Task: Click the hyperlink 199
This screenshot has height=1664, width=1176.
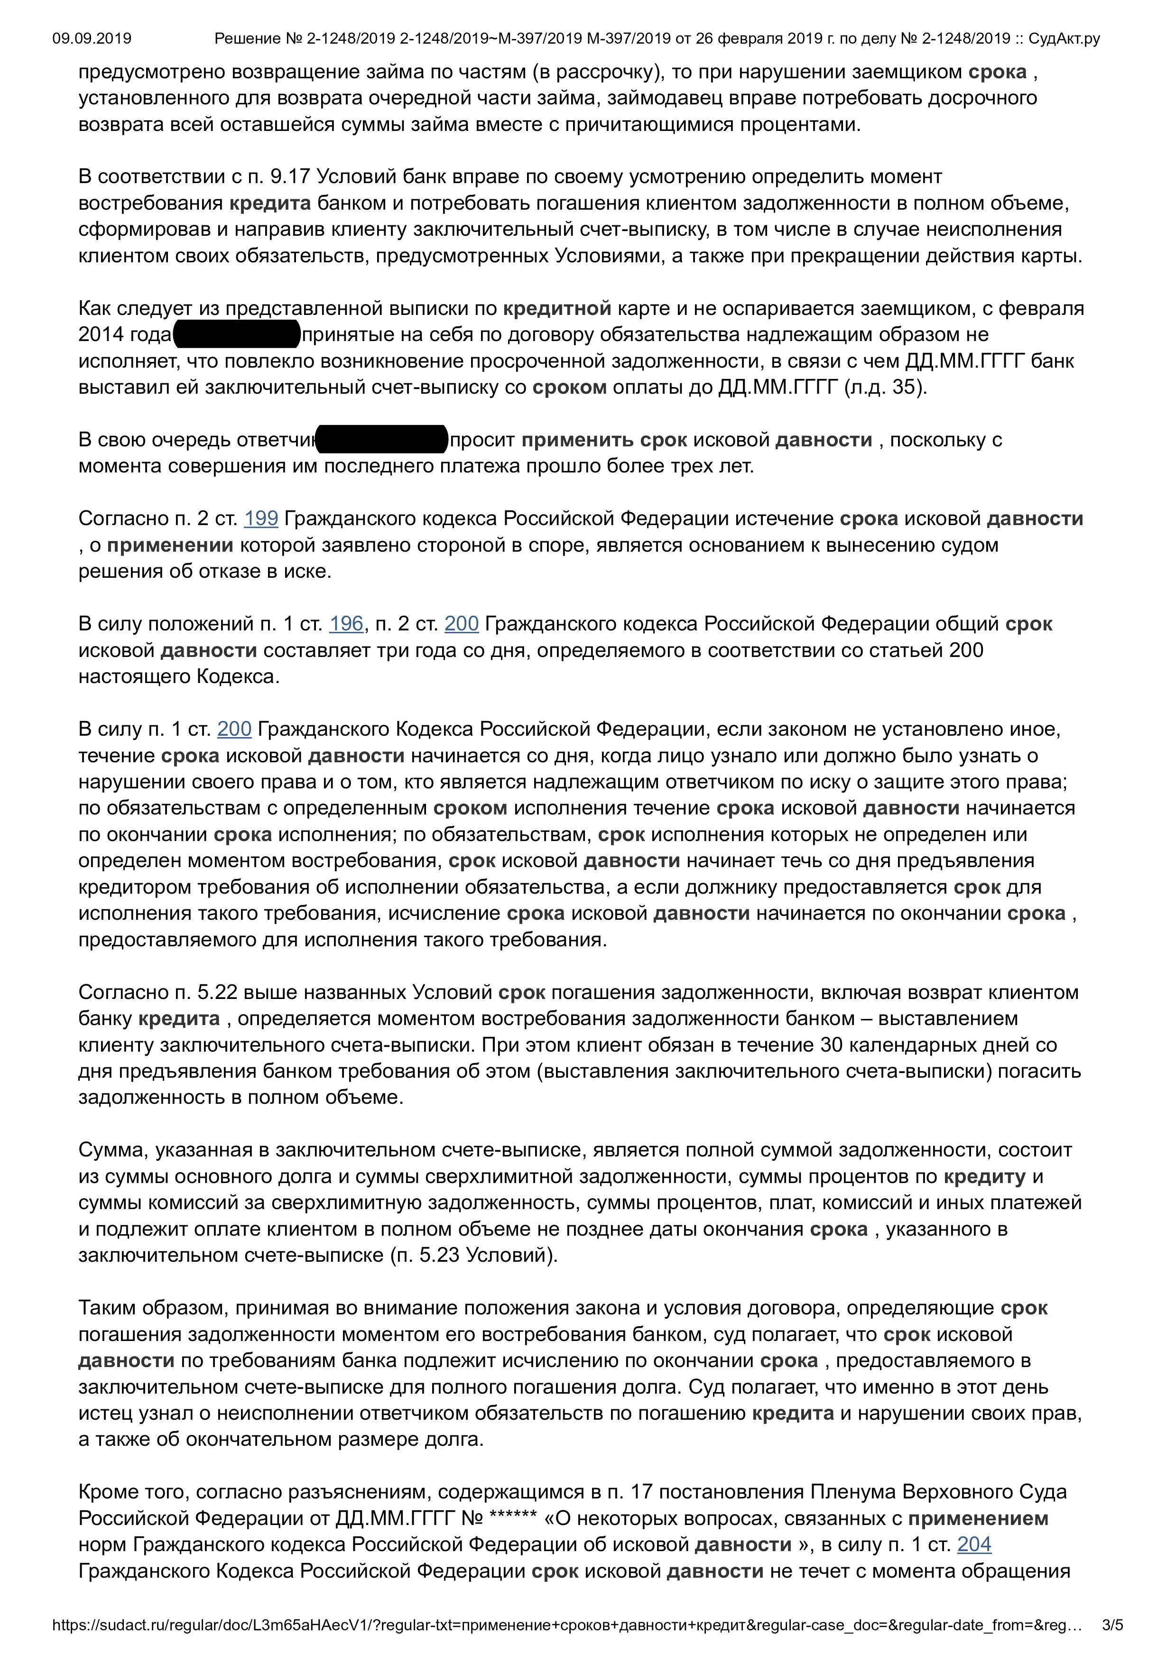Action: (x=261, y=519)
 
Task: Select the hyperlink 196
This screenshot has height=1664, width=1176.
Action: (x=346, y=624)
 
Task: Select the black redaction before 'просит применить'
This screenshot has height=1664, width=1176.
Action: (x=382, y=439)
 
